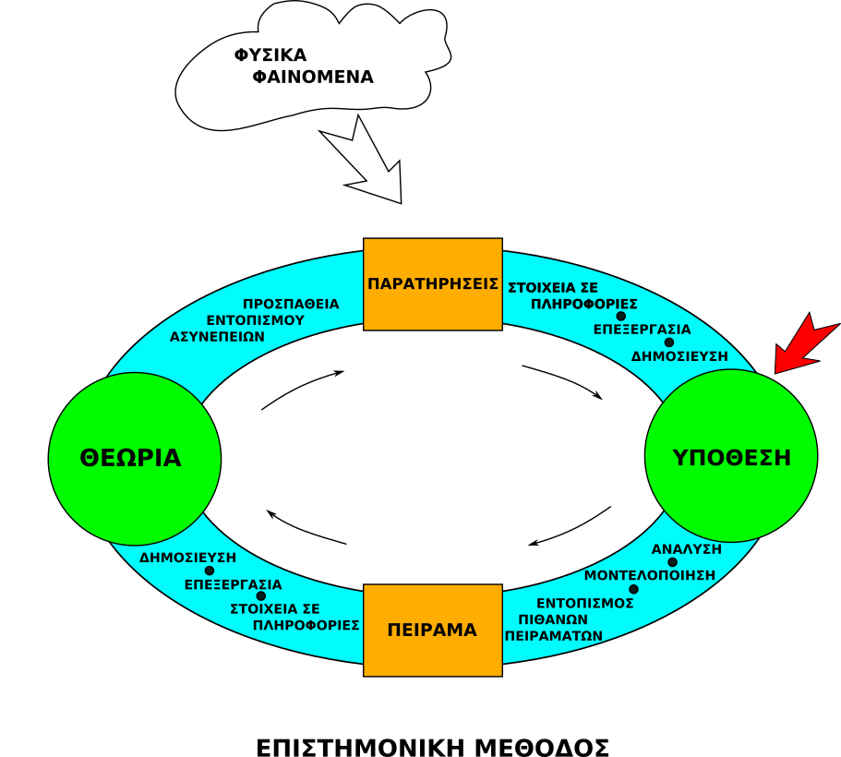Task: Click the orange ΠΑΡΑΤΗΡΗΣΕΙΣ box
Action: point(433,283)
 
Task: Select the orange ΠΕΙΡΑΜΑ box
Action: point(432,630)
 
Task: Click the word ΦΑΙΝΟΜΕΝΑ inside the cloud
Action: point(313,78)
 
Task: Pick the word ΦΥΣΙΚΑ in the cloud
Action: point(270,55)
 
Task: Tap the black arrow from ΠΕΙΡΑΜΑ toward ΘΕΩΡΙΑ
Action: point(305,528)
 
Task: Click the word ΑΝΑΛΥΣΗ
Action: point(687,549)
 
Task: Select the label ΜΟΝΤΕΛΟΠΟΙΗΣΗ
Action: point(650,574)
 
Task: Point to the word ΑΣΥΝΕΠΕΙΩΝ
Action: point(218,336)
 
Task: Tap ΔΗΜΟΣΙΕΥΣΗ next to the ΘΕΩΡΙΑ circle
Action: point(188,558)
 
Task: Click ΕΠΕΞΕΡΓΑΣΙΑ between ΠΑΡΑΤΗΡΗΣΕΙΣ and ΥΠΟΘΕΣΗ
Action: point(642,329)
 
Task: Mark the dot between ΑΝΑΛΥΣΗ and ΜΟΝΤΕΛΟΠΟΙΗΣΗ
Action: point(673,562)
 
